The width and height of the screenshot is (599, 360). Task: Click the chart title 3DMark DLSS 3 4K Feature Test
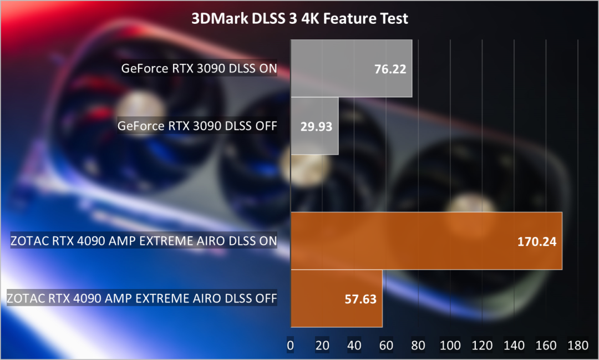click(299, 19)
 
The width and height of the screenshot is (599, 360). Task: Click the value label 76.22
click(390, 69)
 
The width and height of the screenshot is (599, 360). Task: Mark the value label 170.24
click(537, 241)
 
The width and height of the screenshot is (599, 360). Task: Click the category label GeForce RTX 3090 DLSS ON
click(199, 69)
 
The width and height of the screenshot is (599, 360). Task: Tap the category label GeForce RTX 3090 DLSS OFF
click(197, 126)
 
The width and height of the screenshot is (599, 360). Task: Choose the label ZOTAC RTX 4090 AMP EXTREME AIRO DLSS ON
click(144, 241)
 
